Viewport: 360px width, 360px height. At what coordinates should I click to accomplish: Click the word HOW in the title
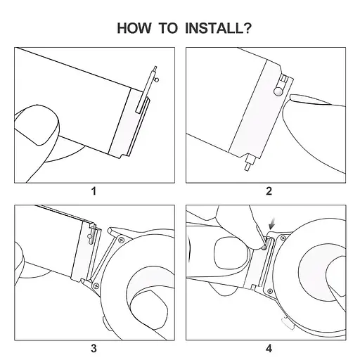click(x=134, y=28)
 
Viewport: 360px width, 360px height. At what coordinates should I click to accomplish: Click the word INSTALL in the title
click(x=214, y=28)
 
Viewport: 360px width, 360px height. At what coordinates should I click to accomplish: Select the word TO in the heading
click(x=169, y=28)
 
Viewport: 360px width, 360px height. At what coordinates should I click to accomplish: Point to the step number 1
click(x=94, y=191)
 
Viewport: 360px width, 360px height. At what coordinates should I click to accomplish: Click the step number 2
click(x=269, y=191)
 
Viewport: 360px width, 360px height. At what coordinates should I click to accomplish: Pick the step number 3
click(x=94, y=348)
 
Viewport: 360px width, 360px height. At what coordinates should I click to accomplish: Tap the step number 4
click(x=269, y=348)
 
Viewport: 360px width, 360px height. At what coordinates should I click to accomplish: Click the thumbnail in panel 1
click(x=37, y=124)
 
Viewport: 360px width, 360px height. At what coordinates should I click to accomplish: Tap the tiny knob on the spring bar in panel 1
click(x=157, y=80)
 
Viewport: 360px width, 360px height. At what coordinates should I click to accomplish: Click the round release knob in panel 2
click(x=278, y=91)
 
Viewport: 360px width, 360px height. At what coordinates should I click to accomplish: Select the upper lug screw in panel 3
click(x=122, y=240)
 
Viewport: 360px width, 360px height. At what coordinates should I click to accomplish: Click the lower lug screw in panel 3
click(x=96, y=285)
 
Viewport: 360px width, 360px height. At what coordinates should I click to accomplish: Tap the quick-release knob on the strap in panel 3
click(x=90, y=236)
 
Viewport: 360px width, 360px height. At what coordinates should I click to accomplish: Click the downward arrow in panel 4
click(x=272, y=224)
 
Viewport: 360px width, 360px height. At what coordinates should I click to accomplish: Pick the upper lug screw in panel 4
click(x=283, y=238)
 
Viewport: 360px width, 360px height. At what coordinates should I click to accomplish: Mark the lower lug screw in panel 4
click(x=270, y=291)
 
